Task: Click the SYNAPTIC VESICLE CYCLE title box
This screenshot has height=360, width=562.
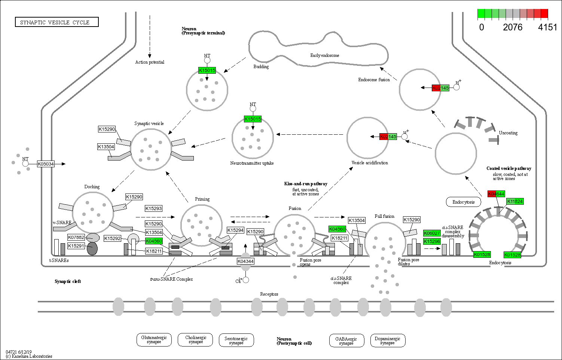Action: coord(56,22)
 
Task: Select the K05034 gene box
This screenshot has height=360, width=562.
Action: coord(46,164)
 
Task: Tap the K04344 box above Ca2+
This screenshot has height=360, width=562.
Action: coord(245,261)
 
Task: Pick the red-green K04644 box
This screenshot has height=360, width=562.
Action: coord(496,194)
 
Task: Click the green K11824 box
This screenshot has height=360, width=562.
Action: coord(515,201)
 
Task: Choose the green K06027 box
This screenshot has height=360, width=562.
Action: coord(432,233)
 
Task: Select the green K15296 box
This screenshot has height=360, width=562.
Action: coord(432,241)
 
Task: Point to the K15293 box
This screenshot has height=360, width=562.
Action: coord(154,208)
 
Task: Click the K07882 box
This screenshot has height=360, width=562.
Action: coord(76,237)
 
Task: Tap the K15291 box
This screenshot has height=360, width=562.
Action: coord(76,246)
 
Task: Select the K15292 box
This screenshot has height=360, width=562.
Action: coord(113,238)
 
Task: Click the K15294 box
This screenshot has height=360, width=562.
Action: coord(235,230)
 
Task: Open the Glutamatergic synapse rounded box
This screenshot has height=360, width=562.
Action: coord(154,339)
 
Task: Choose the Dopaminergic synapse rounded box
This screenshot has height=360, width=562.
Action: coord(387,341)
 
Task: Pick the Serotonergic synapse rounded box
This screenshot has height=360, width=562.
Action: coord(236,341)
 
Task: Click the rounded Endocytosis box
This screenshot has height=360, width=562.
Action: coord(463,202)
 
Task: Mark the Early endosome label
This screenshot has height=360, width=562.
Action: coord(324,55)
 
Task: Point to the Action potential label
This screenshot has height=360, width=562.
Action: coord(150,62)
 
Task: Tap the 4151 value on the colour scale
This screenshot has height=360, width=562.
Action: coord(547,27)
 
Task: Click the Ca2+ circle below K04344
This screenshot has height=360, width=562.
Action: coord(245,280)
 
